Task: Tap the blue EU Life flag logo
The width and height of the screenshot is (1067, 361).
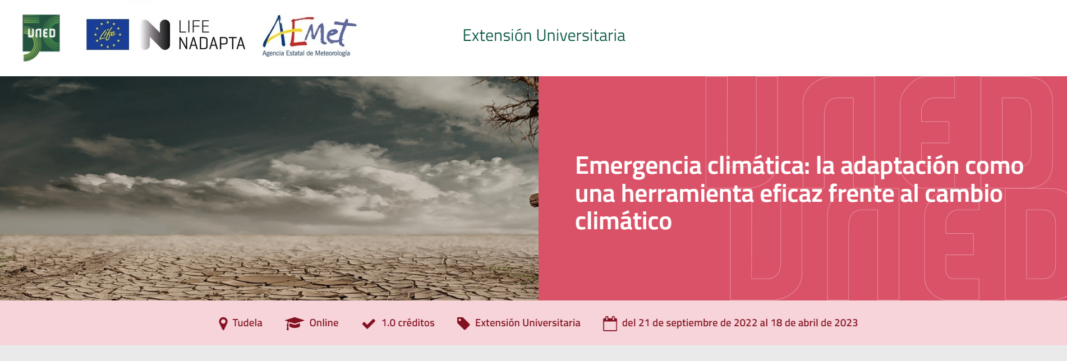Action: coord(108,35)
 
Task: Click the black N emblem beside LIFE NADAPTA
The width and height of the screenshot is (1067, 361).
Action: coord(155,35)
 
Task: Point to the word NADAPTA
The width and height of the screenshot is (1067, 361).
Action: coord(211,44)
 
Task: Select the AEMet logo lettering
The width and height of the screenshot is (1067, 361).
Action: coord(309,32)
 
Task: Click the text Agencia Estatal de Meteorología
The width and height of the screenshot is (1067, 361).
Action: coord(306,53)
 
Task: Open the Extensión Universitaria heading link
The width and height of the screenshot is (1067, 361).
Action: coord(544,35)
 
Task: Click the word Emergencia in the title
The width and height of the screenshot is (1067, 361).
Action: coord(638,166)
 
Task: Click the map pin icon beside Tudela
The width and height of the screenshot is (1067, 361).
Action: coord(223,323)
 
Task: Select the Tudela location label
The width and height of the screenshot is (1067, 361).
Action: coord(247,323)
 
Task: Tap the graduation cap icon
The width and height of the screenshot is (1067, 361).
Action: coord(294,323)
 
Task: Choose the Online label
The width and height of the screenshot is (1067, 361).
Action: coord(324,323)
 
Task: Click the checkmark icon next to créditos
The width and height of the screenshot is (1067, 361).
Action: coord(369,323)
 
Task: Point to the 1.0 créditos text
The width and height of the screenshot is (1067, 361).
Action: coord(408,323)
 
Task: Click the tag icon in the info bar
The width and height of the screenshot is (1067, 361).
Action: coord(463,323)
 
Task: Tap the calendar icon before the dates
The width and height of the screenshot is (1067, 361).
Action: coord(610,323)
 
